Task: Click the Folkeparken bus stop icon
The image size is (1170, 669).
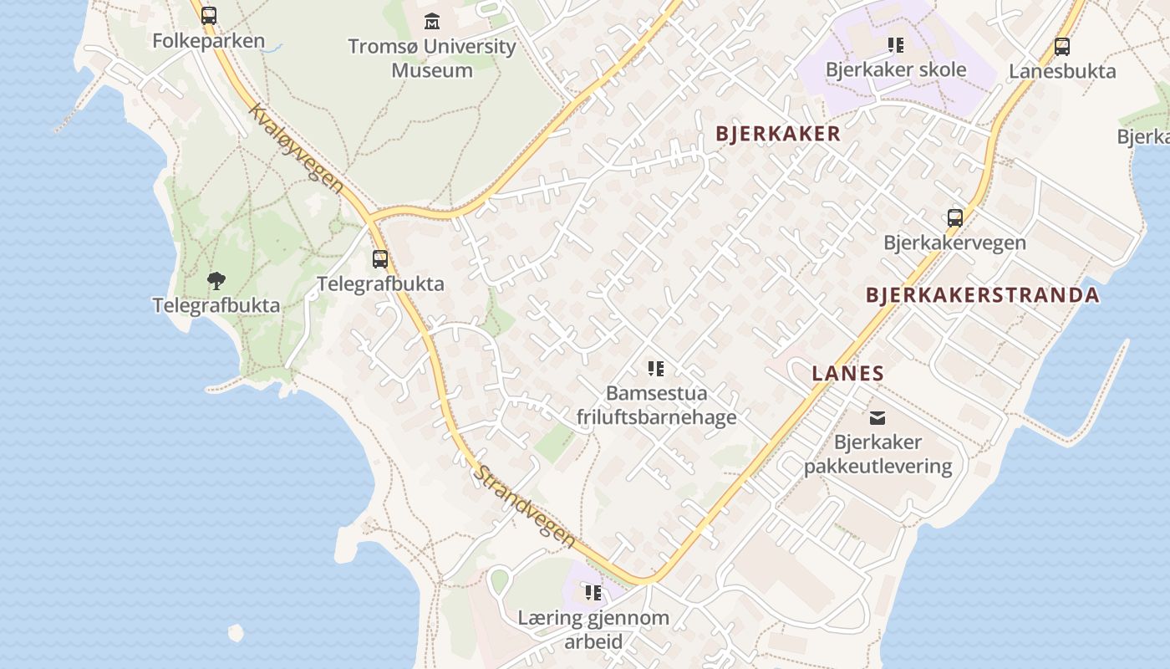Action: pos(209,15)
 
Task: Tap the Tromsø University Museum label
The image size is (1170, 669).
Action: pos(432,58)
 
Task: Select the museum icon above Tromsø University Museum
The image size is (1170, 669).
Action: pos(432,21)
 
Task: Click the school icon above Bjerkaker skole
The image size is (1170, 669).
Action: pos(896,45)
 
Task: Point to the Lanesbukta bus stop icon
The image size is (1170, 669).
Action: pos(1062,47)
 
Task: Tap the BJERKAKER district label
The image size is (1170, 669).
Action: pos(778,134)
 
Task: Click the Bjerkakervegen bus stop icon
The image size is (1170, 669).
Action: pos(955,218)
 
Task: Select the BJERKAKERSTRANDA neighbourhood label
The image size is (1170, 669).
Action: pos(982,295)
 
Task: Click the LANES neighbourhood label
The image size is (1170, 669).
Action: pos(847,374)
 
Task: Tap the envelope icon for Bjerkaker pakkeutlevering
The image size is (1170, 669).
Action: pos(877,417)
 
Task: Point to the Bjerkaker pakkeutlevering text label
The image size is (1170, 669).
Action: pos(877,454)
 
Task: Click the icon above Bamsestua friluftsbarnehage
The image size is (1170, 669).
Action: pos(656,368)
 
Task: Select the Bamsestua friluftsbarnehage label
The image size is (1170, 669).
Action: pos(657,405)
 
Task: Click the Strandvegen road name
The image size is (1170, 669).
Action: pos(526,507)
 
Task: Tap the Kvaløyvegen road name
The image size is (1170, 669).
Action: pos(296,148)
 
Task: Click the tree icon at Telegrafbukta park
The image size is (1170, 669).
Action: pos(216,280)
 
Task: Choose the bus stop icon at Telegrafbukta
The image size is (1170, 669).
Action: pos(380,259)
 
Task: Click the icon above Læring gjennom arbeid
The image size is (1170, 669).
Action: pos(593,593)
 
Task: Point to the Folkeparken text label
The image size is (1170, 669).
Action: pos(209,40)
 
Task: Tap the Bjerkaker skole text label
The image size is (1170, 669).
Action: pos(896,69)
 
